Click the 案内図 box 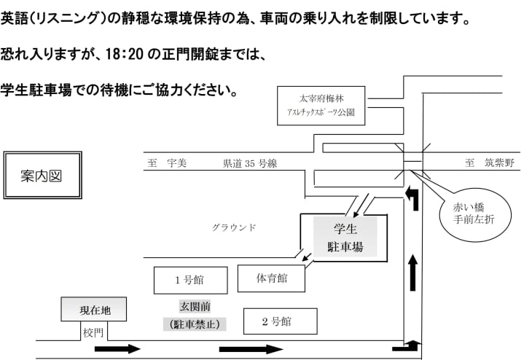pos(43,176)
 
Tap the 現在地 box pos(94,310)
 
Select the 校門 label pos(93,332)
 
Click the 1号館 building pos(190,281)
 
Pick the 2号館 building pos(279,321)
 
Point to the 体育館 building pos(271,278)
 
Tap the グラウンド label pos(234,227)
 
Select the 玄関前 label pos(195,306)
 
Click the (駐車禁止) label pos(194,324)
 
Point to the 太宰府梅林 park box pos(320,106)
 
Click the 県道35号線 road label pos(250,164)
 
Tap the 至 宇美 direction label pos(167,164)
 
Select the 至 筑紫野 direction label pos(489,163)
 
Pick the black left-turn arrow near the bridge pos(413,197)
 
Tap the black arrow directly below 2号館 pos(251,349)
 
